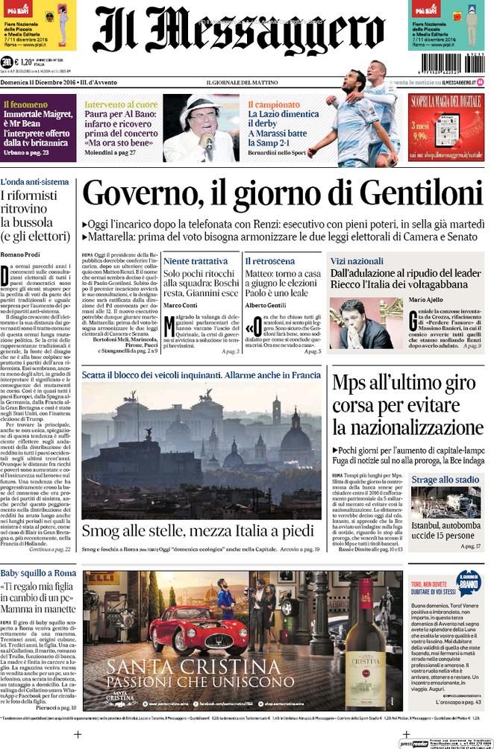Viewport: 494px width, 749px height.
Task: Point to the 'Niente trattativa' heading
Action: (x=196, y=261)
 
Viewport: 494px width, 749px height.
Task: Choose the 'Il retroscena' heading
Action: (x=269, y=261)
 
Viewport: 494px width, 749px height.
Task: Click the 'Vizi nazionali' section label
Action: (x=357, y=262)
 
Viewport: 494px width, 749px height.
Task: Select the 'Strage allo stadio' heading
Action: (x=445, y=480)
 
